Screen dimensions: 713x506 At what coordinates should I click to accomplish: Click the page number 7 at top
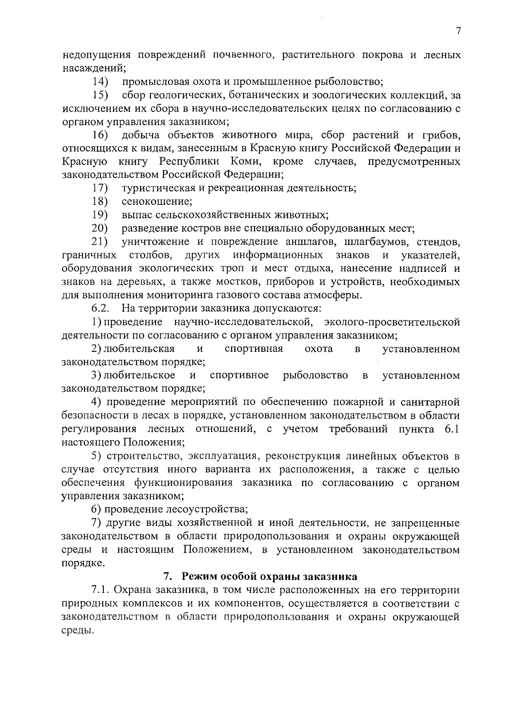click(459, 31)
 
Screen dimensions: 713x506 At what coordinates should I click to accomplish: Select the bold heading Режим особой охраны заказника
click(272, 576)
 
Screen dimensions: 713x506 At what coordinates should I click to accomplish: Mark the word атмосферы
click(336, 295)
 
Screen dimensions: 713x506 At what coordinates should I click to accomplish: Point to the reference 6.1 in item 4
click(452, 429)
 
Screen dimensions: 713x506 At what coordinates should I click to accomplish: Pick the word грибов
click(440, 135)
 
